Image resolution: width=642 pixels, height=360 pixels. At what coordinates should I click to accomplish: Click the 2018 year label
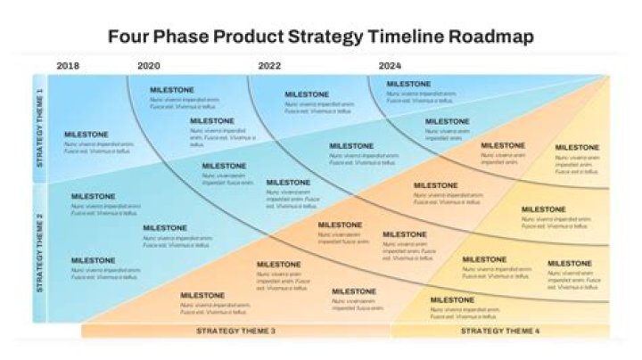point(68,66)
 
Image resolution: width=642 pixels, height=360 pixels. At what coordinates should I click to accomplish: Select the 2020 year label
point(149,66)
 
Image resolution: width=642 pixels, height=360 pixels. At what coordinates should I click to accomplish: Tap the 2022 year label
point(270,66)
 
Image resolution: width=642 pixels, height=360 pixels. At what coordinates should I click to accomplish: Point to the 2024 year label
point(390,66)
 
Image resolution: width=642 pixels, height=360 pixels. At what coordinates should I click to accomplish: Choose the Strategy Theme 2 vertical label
point(39,252)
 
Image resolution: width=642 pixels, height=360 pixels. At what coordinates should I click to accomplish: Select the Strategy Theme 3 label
point(235,331)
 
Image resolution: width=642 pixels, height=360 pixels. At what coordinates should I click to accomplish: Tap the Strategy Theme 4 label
point(499,331)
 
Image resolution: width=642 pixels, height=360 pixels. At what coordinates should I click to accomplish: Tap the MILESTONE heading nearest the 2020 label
point(172,90)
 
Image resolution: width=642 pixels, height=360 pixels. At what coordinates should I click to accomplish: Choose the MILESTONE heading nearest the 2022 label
point(307,94)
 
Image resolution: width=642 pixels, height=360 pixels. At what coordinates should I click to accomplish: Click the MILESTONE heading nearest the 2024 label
point(408,85)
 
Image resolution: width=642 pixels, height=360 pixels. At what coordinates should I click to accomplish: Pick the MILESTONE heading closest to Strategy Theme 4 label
point(452,300)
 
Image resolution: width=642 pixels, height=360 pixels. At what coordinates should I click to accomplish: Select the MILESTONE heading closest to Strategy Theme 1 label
point(86,135)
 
